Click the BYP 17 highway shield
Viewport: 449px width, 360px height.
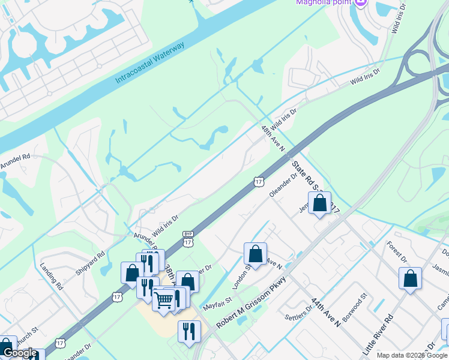tap(188, 239)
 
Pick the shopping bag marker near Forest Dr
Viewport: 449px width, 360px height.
tap(410, 278)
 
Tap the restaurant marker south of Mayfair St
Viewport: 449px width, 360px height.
tap(189, 332)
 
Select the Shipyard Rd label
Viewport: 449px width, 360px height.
tap(90, 263)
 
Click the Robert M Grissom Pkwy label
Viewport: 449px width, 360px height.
tap(253, 306)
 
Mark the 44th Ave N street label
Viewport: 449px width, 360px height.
tap(325, 313)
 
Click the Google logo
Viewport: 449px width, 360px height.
tap(20, 353)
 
